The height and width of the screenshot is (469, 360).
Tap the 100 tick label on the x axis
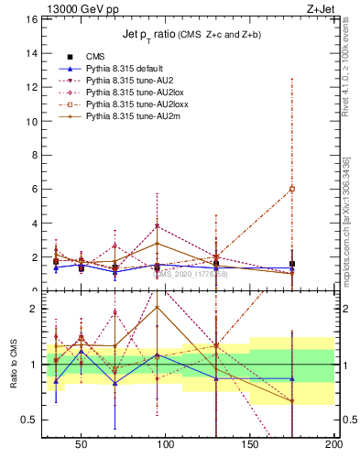coord(167,444)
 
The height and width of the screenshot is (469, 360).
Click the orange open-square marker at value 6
coord(292,189)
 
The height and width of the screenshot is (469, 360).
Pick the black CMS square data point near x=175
coord(292,264)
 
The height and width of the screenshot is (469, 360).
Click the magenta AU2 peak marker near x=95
coord(158,226)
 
